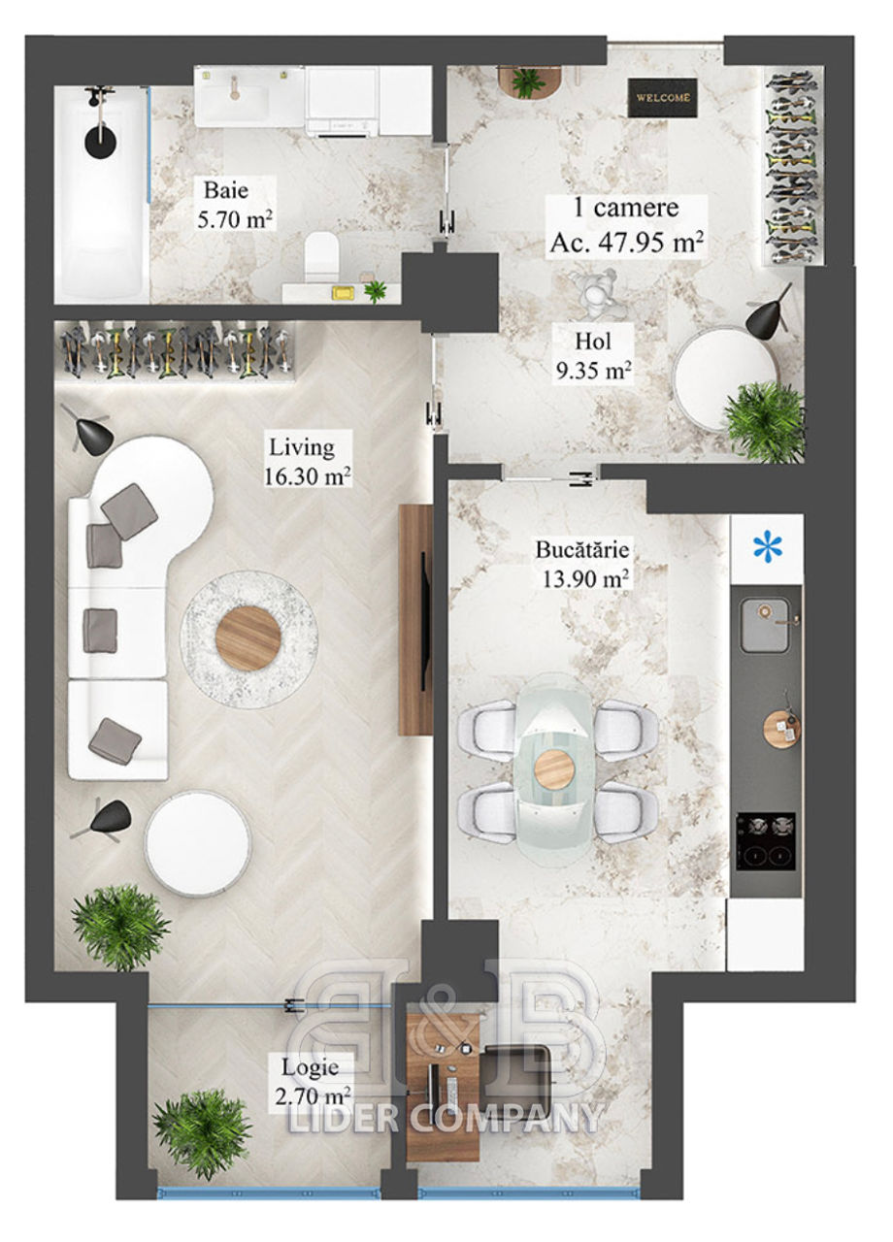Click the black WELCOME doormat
(x=662, y=98)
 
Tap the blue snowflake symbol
(x=768, y=548)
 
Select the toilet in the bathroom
(x=322, y=257)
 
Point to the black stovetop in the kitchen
(x=766, y=841)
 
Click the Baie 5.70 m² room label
(x=235, y=205)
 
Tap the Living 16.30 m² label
(x=307, y=461)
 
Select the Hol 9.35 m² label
(x=594, y=356)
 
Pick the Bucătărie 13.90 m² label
(x=582, y=564)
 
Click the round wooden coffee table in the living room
(x=248, y=638)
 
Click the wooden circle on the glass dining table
(x=554, y=770)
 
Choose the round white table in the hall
(x=725, y=379)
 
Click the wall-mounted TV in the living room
(x=424, y=621)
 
